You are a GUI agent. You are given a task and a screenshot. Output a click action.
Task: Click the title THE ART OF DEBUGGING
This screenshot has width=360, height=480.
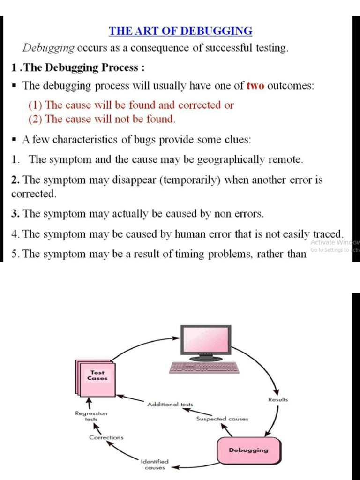(180, 31)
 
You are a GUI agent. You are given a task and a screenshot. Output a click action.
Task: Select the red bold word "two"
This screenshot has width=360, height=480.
(255, 86)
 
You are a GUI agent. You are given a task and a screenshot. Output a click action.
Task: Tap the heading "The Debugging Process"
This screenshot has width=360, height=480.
(81, 67)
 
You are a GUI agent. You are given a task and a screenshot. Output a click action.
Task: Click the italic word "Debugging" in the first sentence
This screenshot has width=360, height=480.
(49, 48)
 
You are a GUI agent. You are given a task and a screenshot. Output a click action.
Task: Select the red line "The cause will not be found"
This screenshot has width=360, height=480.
(102, 119)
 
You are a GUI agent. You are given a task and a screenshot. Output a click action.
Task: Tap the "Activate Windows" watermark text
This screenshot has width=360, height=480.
(335, 242)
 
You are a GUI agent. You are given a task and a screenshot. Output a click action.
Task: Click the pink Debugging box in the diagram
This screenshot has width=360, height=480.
(248, 450)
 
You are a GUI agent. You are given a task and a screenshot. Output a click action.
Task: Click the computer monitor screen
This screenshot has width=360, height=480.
(206, 341)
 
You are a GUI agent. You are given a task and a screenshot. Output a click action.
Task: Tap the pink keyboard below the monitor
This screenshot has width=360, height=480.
(204, 367)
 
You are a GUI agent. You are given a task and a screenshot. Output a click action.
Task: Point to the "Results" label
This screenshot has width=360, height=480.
(278, 400)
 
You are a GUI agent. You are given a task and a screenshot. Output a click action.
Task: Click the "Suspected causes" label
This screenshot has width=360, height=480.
(222, 419)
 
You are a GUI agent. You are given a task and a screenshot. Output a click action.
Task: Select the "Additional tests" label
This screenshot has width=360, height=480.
(170, 404)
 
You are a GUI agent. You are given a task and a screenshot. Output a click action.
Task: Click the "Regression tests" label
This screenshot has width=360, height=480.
(91, 416)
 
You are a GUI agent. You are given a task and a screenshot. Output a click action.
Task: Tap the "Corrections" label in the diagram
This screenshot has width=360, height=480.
(106, 437)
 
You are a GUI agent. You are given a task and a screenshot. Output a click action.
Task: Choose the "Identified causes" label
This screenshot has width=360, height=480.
(154, 465)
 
